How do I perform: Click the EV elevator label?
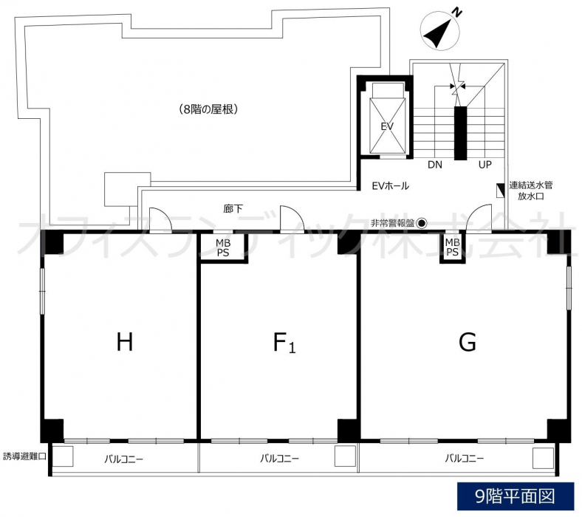pyautogui.click(x=387, y=126)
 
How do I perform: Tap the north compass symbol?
pyautogui.click(x=440, y=30)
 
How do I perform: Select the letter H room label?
pyautogui.click(x=125, y=342)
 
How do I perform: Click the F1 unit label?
pyautogui.click(x=284, y=342)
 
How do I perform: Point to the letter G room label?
pyautogui.click(x=468, y=342)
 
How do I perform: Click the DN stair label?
pyautogui.click(x=435, y=165)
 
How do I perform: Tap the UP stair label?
pyautogui.click(x=485, y=165)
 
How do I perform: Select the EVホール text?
pyautogui.click(x=391, y=185)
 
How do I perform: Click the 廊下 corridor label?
pyautogui.click(x=233, y=209)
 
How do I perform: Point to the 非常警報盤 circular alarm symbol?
pyautogui.click(x=422, y=223)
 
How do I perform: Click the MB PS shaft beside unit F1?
pyautogui.click(x=223, y=247)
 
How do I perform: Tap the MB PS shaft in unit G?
pyautogui.click(x=452, y=247)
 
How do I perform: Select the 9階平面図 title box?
pyautogui.click(x=516, y=496)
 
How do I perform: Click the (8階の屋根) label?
pyautogui.click(x=208, y=109)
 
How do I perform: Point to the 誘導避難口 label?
pyautogui.click(x=24, y=456)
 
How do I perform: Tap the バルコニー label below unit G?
pyautogui.click(x=465, y=459)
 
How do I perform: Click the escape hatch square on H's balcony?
pyautogui.click(x=62, y=456)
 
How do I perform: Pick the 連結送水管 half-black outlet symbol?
pyautogui.click(x=500, y=191)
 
